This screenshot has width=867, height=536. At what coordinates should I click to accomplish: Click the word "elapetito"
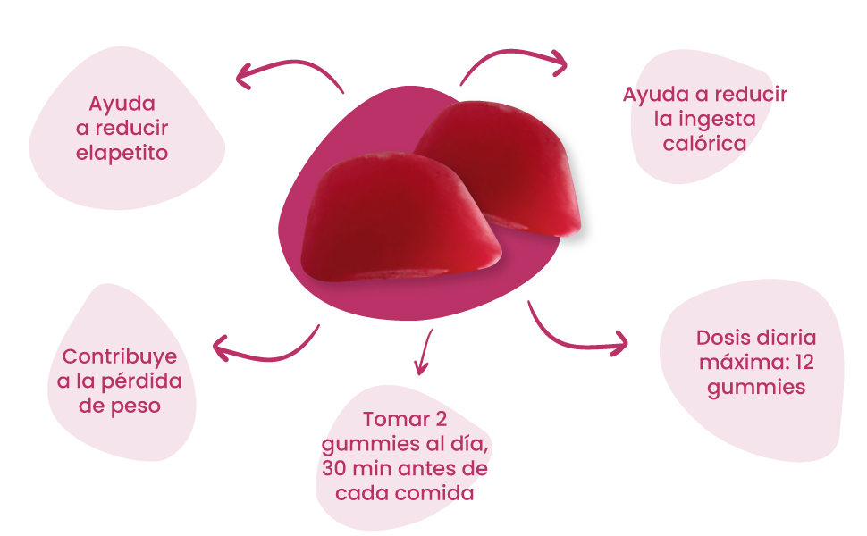[x=122, y=153]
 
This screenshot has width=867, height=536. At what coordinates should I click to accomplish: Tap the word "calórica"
[x=704, y=143]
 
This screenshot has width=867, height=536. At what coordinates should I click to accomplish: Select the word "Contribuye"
[x=120, y=357]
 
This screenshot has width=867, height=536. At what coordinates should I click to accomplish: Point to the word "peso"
[x=141, y=406]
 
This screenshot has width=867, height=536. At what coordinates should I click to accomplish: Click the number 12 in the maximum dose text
[x=804, y=363]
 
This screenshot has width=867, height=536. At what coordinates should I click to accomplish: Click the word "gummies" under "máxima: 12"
[x=756, y=387]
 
